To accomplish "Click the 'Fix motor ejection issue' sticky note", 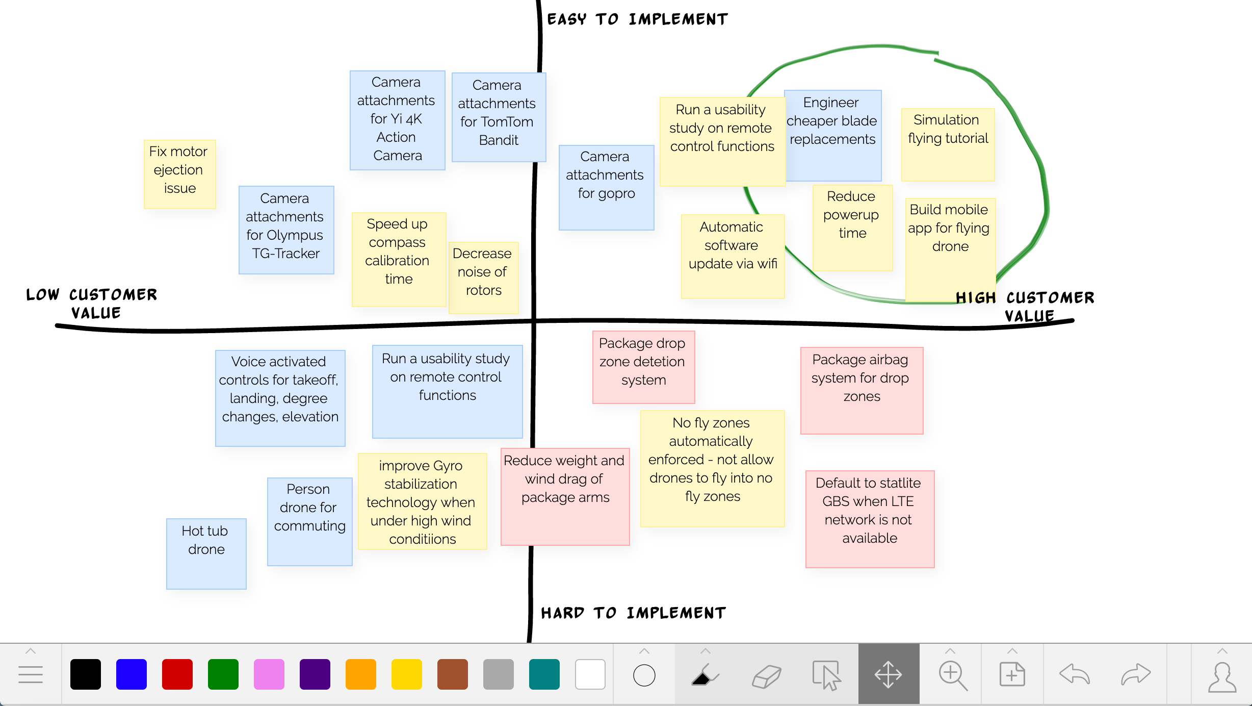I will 179,174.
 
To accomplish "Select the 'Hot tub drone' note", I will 206,553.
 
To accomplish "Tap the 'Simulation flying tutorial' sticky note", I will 948,144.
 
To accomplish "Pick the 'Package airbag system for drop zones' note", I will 862,390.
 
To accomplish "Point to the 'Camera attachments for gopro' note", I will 606,187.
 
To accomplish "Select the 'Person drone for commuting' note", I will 309,521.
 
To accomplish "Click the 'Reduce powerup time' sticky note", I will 852,227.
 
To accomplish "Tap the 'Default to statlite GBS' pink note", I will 870,518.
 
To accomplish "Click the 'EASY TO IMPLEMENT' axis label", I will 637,19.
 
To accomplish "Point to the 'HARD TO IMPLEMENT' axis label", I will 634,613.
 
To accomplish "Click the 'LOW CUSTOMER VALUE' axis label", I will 92,304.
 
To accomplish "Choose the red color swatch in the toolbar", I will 177,674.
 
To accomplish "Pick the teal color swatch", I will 544,674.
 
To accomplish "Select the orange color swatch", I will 360,674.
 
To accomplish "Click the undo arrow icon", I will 1074,674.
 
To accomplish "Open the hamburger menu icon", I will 31,674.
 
